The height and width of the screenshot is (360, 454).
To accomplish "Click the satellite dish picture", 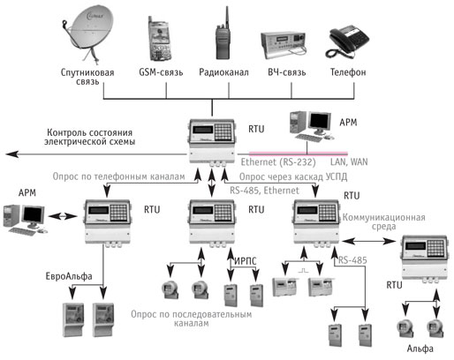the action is click(87, 34).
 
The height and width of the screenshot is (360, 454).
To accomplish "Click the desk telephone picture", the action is click(347, 41).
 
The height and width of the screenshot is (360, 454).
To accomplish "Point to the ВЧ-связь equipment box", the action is click(284, 43).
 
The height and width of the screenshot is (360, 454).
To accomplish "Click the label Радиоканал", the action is click(223, 72).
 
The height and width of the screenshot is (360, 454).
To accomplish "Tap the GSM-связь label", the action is click(161, 72).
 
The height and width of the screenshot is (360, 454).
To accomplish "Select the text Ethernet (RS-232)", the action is click(278, 162).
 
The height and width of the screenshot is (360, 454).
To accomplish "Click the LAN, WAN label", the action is click(349, 161).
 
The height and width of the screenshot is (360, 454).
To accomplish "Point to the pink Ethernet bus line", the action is click(299, 154).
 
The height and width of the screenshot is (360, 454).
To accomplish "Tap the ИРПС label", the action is click(246, 260).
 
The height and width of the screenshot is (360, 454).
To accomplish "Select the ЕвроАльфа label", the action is click(69, 276).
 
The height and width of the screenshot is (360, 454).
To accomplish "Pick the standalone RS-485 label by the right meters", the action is click(352, 260).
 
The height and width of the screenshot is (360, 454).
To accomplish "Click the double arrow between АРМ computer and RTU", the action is click(63, 216).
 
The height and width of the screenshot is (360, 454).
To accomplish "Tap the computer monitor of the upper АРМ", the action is click(320, 122).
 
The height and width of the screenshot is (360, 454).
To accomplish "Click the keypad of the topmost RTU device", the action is click(223, 132).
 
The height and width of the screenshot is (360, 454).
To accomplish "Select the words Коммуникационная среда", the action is click(383, 222).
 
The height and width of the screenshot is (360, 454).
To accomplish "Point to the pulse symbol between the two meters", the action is click(302, 270).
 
